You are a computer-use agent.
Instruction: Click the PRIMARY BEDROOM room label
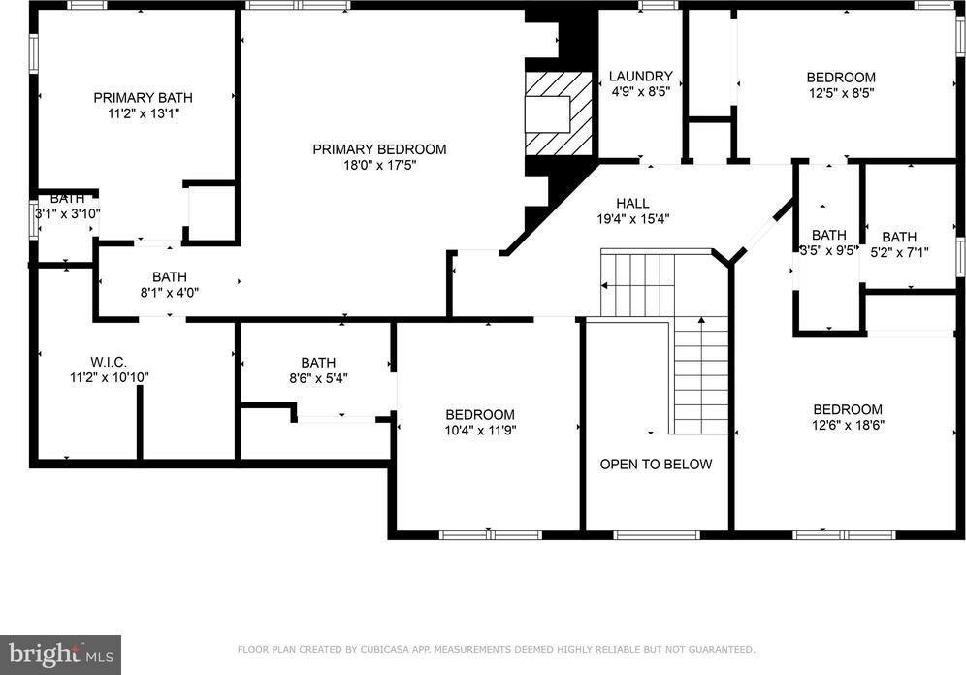coord(379,149)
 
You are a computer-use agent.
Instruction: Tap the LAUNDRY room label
coord(640,77)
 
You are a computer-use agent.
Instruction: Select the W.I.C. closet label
coord(109,362)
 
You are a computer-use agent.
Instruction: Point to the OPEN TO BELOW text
coord(656,465)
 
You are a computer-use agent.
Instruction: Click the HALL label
coord(632,203)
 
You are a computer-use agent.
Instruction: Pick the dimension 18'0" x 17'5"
coord(379,165)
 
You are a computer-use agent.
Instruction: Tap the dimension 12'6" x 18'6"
coord(847,425)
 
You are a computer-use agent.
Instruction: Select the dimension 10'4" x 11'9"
coord(480,430)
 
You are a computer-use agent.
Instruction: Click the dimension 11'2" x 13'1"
coord(143,112)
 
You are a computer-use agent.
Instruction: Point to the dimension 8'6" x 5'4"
coord(317,378)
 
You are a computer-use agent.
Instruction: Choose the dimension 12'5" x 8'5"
coord(841,93)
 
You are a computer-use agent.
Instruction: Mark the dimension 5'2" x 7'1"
coord(898,252)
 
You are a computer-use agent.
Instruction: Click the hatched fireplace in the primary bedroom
coord(559,113)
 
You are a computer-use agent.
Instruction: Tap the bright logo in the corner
coord(60,655)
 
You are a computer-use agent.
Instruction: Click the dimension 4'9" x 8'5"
coord(640,92)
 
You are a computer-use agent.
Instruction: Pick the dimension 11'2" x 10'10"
coord(109,377)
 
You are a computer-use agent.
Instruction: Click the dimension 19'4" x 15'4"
coord(632,218)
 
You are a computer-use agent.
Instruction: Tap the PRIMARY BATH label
coord(143,97)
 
